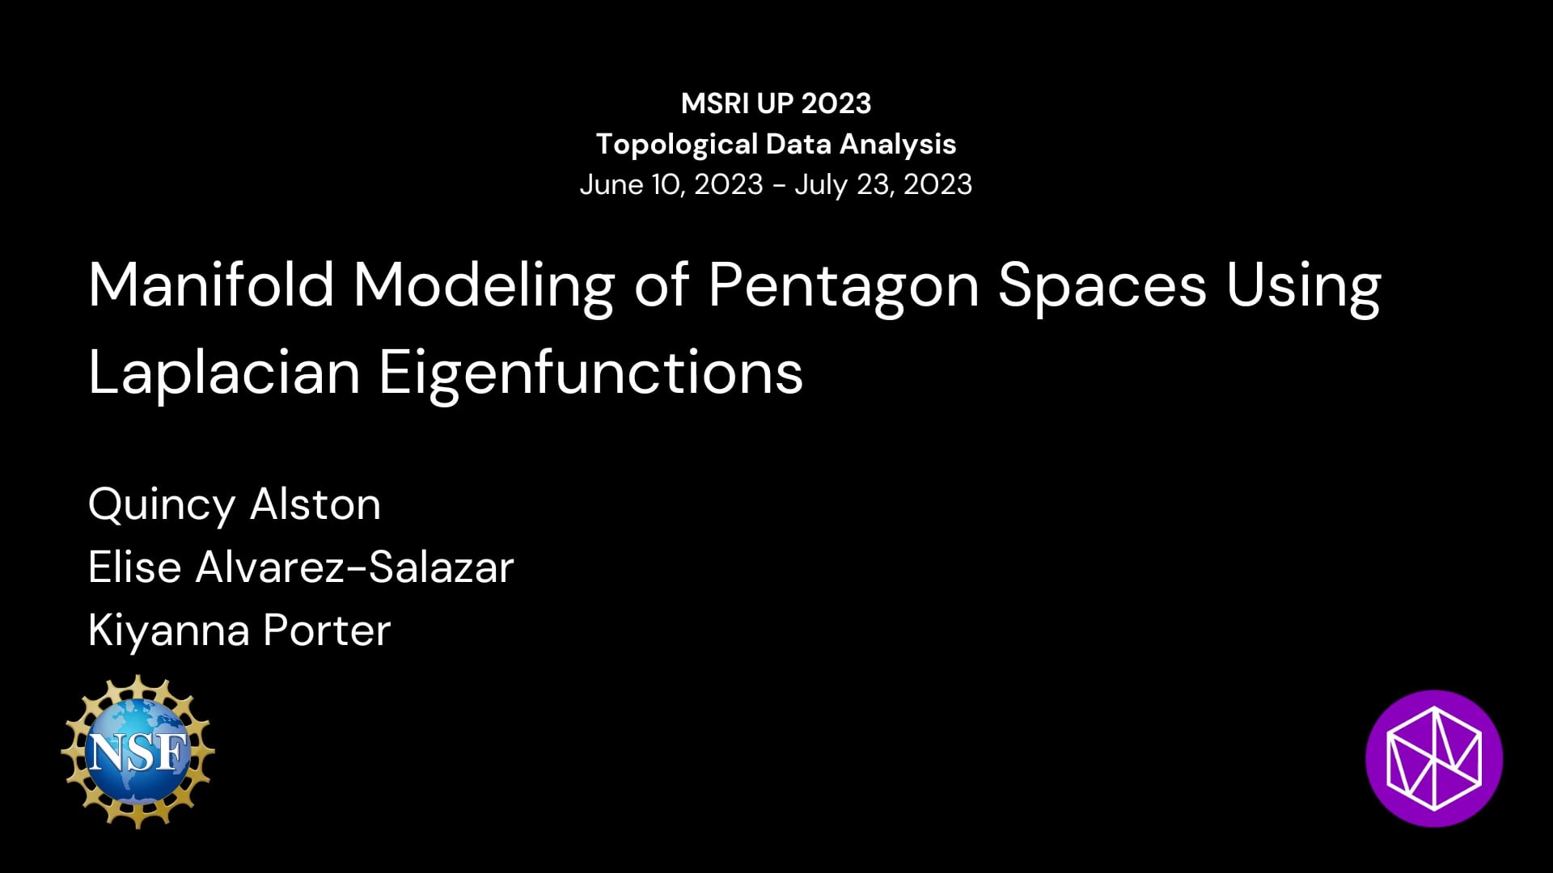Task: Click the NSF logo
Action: [138, 752]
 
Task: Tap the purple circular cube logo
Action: [1434, 758]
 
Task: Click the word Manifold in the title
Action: [211, 285]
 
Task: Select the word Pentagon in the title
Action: [844, 287]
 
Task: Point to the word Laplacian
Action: [224, 373]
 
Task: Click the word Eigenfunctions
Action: [591, 373]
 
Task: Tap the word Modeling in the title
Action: [484, 287]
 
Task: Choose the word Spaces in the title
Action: [1102, 285]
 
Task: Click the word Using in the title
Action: [1303, 287]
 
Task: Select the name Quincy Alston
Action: [235, 505]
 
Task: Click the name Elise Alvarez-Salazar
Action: [301, 567]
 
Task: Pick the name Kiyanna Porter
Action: [239, 630]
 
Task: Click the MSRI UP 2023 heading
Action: [776, 103]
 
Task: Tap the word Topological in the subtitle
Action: [676, 145]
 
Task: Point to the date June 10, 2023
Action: [671, 185]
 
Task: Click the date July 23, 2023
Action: [883, 185]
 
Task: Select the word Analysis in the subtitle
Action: [898, 145]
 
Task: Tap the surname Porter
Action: [327, 630]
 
